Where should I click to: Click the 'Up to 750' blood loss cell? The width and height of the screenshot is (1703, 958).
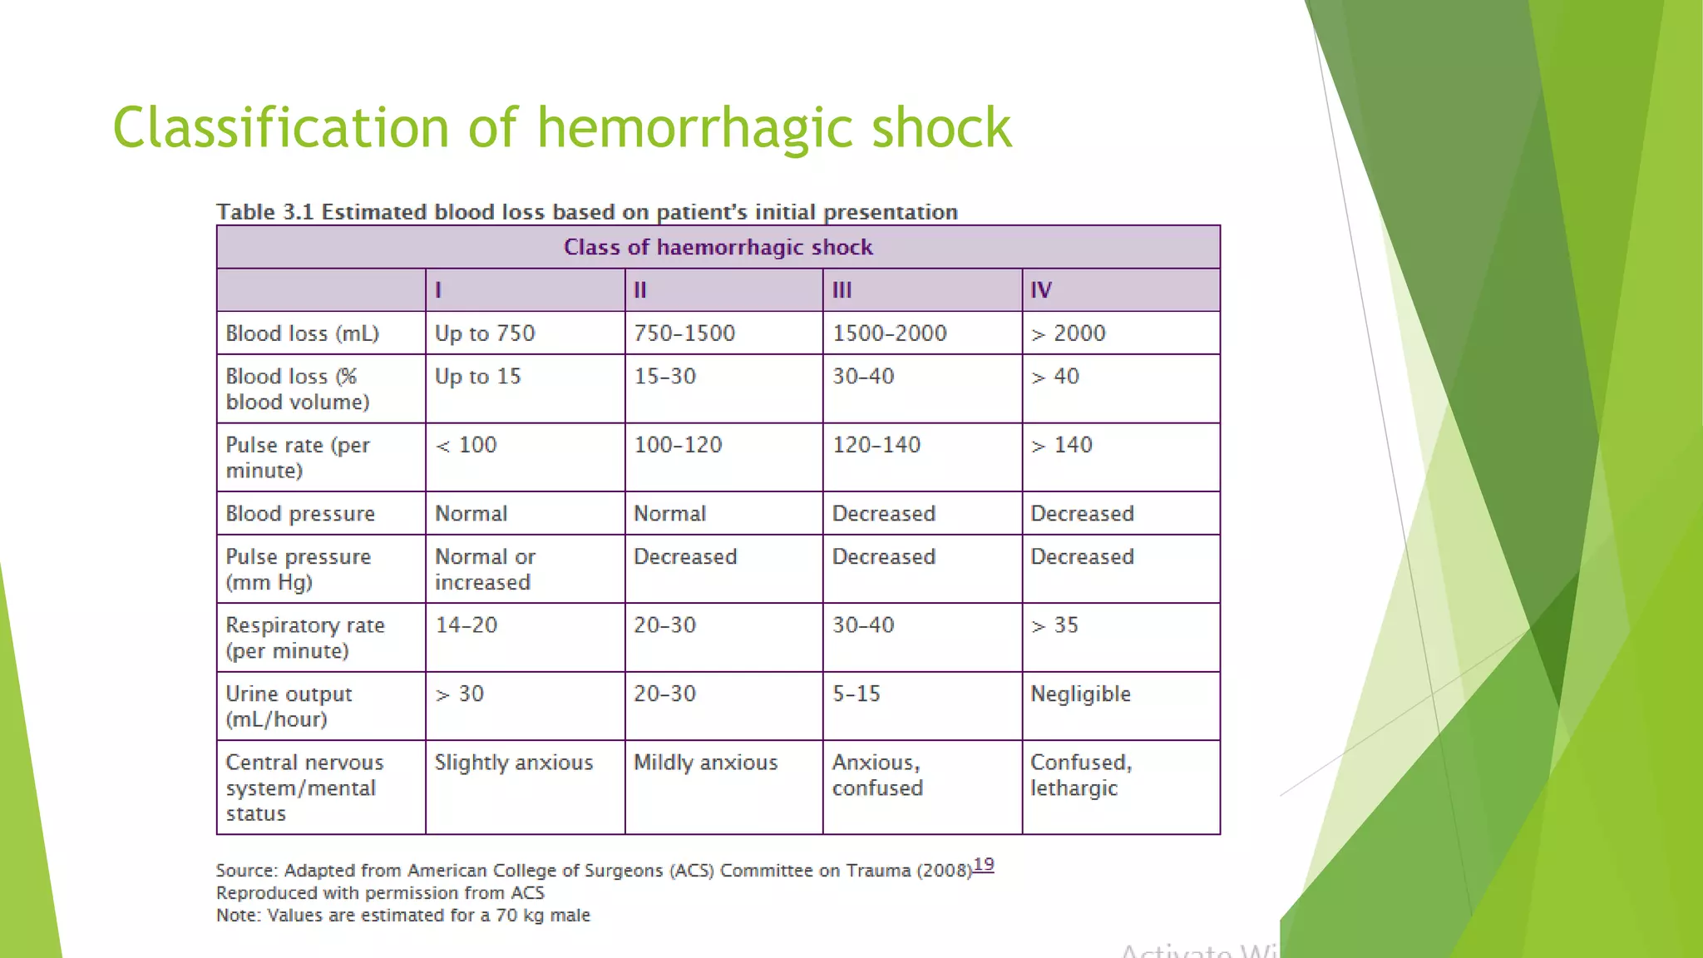pos(485,333)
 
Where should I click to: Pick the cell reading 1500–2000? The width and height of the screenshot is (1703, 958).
pos(889,333)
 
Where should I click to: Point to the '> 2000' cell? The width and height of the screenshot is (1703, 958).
pos(1069,333)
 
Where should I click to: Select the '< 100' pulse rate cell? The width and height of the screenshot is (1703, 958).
pos(466,445)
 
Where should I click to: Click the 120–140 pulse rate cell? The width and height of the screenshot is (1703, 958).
pos(876,445)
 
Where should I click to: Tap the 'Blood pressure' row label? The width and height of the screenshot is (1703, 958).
pos(300,514)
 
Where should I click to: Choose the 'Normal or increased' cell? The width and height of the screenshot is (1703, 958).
pos(485,570)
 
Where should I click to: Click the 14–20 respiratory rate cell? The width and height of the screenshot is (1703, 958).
pos(466,625)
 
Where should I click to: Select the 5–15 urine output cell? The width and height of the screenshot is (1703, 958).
pos(856,694)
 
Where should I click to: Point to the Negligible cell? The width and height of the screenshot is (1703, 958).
pos(1080,694)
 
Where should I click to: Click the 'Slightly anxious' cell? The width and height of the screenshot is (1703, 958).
pos(514,763)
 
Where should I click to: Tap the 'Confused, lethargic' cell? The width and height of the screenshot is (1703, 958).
pos(1081,775)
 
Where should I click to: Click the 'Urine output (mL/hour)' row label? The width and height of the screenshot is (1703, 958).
pos(289,706)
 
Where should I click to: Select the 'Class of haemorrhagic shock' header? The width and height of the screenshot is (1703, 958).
pos(718,247)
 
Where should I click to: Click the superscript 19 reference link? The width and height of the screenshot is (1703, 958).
pos(984,865)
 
